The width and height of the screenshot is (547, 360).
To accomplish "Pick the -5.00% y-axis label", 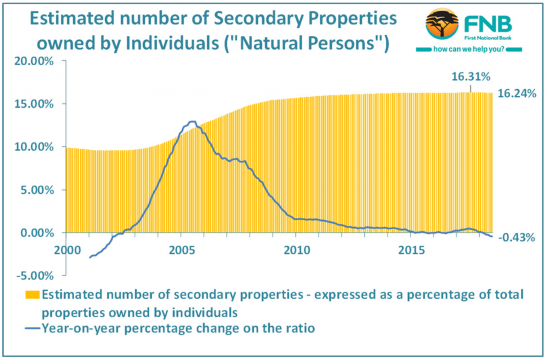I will click(x=36, y=276).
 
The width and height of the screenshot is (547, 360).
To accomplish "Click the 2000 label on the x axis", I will click(x=66, y=250).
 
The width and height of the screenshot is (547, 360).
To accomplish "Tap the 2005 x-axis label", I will click(x=181, y=250).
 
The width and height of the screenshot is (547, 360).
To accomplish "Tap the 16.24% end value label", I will click(x=516, y=93).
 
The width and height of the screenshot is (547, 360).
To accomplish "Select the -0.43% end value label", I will click(x=517, y=238).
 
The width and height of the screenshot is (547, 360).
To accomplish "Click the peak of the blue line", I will click(x=192, y=122).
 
